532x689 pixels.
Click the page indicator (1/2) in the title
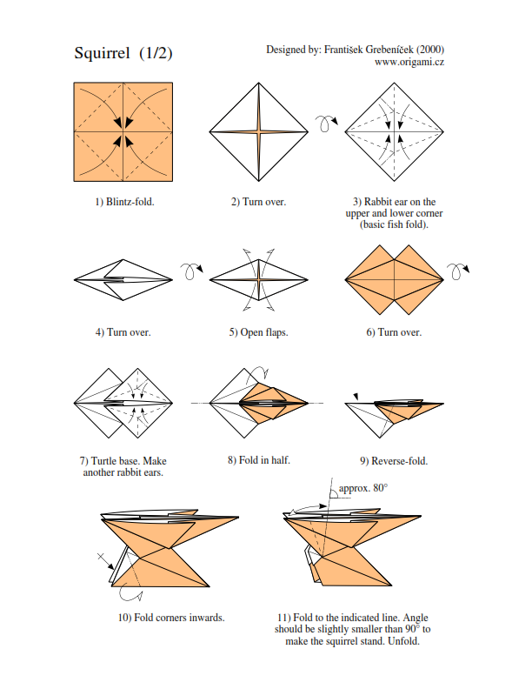[156, 54]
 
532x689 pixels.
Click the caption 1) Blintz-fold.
[124, 202]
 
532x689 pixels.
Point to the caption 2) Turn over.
[258, 202]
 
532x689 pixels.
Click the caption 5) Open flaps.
[258, 332]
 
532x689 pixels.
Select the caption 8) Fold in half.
[258, 459]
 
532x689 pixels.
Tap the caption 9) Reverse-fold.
[393, 460]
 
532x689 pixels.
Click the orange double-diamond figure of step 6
[393, 279]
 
